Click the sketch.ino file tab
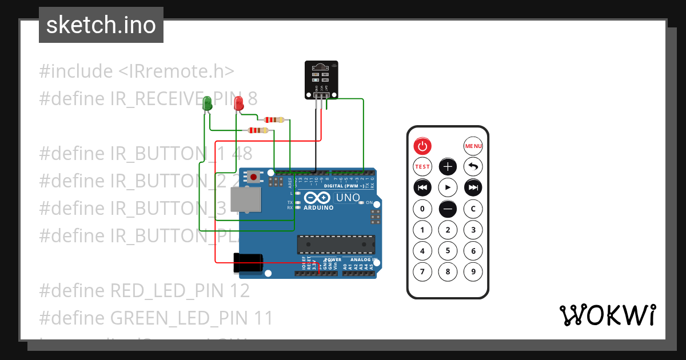[x=101, y=25]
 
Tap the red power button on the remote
[x=422, y=146]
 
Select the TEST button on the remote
[x=422, y=167]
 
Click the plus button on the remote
[x=448, y=167]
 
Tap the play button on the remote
[x=448, y=187]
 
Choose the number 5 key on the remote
[x=448, y=250]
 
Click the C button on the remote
[x=473, y=209]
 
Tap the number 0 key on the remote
[x=422, y=209]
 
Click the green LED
[x=208, y=103]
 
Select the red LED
[x=239, y=103]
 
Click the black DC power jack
[x=248, y=264]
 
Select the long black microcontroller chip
[x=336, y=244]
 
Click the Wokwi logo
[x=607, y=315]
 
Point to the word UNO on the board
[x=348, y=198]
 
